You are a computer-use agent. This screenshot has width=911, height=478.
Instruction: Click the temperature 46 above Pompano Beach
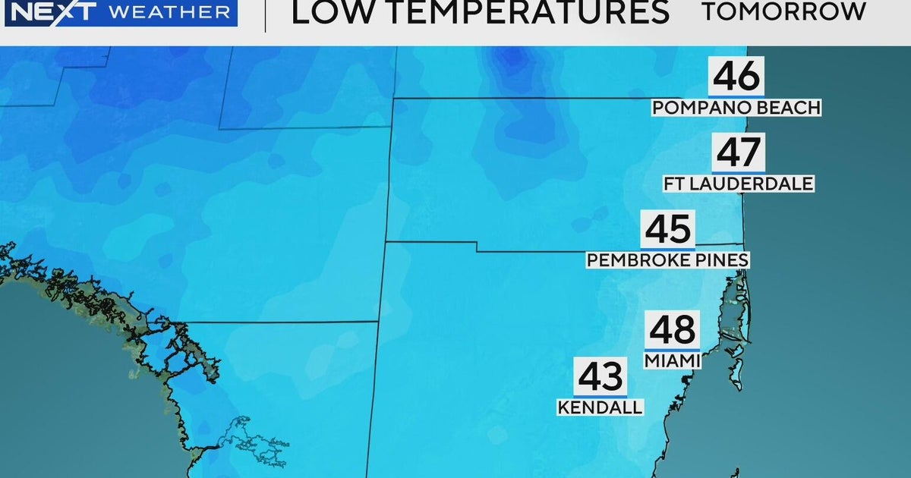[x=736, y=77]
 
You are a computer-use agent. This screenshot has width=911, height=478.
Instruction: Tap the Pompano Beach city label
[x=736, y=108]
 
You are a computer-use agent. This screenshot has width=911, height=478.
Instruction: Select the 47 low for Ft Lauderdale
[x=739, y=153]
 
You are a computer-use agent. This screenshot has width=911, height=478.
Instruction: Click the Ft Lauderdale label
[x=739, y=184]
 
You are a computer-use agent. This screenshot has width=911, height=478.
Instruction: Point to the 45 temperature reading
[x=667, y=229]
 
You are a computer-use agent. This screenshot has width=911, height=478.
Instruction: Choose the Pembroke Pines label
[x=667, y=260]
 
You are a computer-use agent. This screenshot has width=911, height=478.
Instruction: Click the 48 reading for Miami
[x=672, y=330]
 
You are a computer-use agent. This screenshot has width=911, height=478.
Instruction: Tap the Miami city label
[x=672, y=361]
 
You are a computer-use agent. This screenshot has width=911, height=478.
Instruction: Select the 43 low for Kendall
[x=600, y=376]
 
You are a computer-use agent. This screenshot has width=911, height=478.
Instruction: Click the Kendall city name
[x=600, y=407]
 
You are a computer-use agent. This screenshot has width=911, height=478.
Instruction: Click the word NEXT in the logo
[x=49, y=11]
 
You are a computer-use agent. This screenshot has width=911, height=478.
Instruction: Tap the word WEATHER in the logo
[x=169, y=12]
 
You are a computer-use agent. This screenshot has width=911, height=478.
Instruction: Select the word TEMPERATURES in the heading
[x=516, y=12]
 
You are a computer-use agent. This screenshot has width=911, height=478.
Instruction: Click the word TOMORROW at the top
[x=783, y=11]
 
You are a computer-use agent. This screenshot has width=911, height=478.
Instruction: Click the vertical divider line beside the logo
[x=265, y=15]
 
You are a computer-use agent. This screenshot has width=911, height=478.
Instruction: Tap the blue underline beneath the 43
[x=600, y=395]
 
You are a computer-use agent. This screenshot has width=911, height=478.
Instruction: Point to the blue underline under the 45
[x=667, y=247]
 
